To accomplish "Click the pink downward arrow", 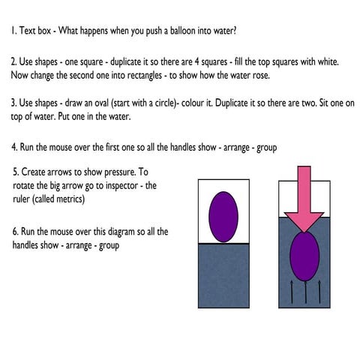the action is (x=304, y=200).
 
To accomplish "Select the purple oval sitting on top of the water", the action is (x=223, y=217).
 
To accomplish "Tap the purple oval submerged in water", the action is (x=304, y=256).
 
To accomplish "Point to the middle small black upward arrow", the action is (x=305, y=292).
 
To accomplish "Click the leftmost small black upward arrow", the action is (x=292, y=292).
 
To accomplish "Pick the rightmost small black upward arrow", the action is (x=319, y=292).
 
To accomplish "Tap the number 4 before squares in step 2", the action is (x=196, y=61).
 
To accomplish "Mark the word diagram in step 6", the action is (x=121, y=232).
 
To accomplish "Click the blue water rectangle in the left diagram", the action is (x=223, y=276).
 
